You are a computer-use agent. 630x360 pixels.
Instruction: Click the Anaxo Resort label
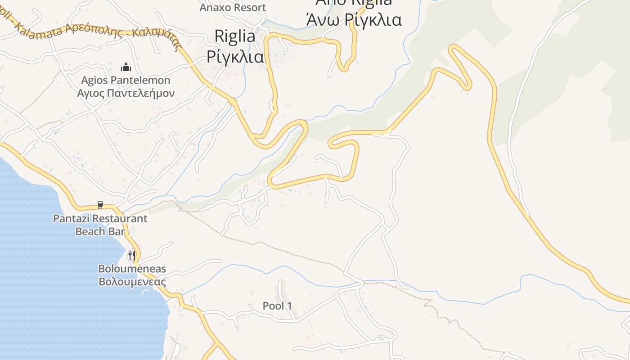(233, 7)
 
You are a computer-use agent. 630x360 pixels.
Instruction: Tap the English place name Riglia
(235, 36)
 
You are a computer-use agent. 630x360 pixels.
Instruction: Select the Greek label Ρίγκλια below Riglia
(235, 57)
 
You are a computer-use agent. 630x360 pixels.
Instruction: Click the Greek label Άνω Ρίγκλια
(353, 20)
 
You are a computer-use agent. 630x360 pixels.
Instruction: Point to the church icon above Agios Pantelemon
(126, 67)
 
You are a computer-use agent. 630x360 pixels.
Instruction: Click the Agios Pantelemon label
(126, 81)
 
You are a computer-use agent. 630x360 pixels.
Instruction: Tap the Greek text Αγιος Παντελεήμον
(126, 93)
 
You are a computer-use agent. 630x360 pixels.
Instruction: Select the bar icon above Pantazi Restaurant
(100, 205)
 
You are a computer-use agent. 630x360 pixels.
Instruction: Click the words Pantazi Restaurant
(100, 219)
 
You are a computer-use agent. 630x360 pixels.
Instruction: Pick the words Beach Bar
(100, 231)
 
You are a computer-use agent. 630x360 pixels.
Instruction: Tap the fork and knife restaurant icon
(132, 256)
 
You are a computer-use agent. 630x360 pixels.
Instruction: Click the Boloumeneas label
(132, 269)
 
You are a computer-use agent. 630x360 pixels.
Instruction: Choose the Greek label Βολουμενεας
(132, 282)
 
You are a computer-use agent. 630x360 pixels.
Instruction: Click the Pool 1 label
(277, 306)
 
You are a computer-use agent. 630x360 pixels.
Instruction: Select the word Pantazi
(70, 219)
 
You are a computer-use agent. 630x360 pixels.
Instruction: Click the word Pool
(273, 306)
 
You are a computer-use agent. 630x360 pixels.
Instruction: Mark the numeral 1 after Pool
(289, 306)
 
